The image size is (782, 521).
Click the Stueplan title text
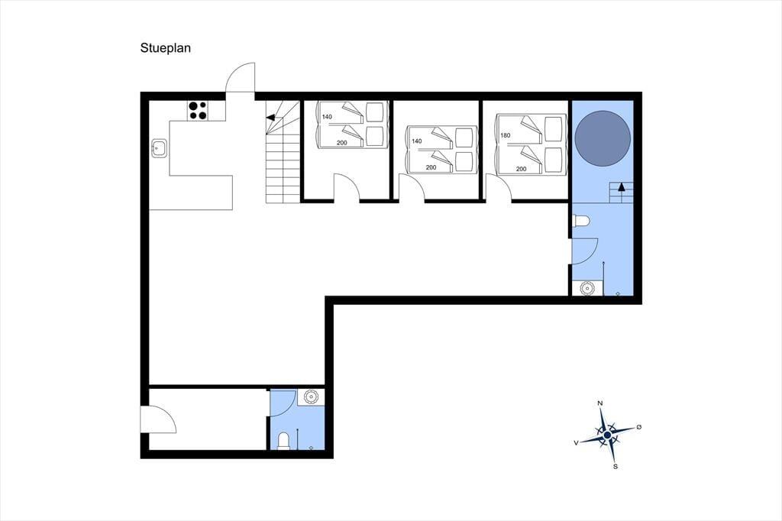pos(166,48)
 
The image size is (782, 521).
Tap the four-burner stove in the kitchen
pos(198,110)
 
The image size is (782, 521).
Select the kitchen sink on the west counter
pos(160,148)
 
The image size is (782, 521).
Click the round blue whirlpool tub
pos(603,139)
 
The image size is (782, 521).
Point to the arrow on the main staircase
pos(271,118)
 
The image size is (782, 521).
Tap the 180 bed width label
pos(506,135)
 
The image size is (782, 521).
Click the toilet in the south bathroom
pos(283,441)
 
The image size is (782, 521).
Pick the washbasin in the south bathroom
pos(311,396)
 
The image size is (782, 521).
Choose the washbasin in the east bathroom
pos(587,289)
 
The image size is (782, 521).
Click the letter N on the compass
pos(600,403)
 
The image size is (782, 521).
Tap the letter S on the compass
pos(616,467)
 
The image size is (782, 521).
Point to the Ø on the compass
pos(639,427)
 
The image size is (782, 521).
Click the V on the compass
pos(577,442)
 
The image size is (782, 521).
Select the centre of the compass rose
pos(607,435)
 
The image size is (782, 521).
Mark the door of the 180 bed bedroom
pos(498,187)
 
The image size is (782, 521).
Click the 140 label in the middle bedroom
pos(417,141)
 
